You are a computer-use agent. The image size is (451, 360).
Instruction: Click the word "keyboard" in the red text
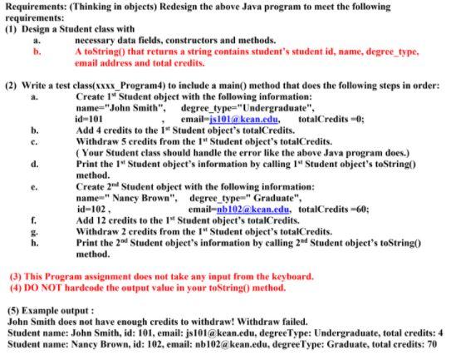[x=288, y=275]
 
